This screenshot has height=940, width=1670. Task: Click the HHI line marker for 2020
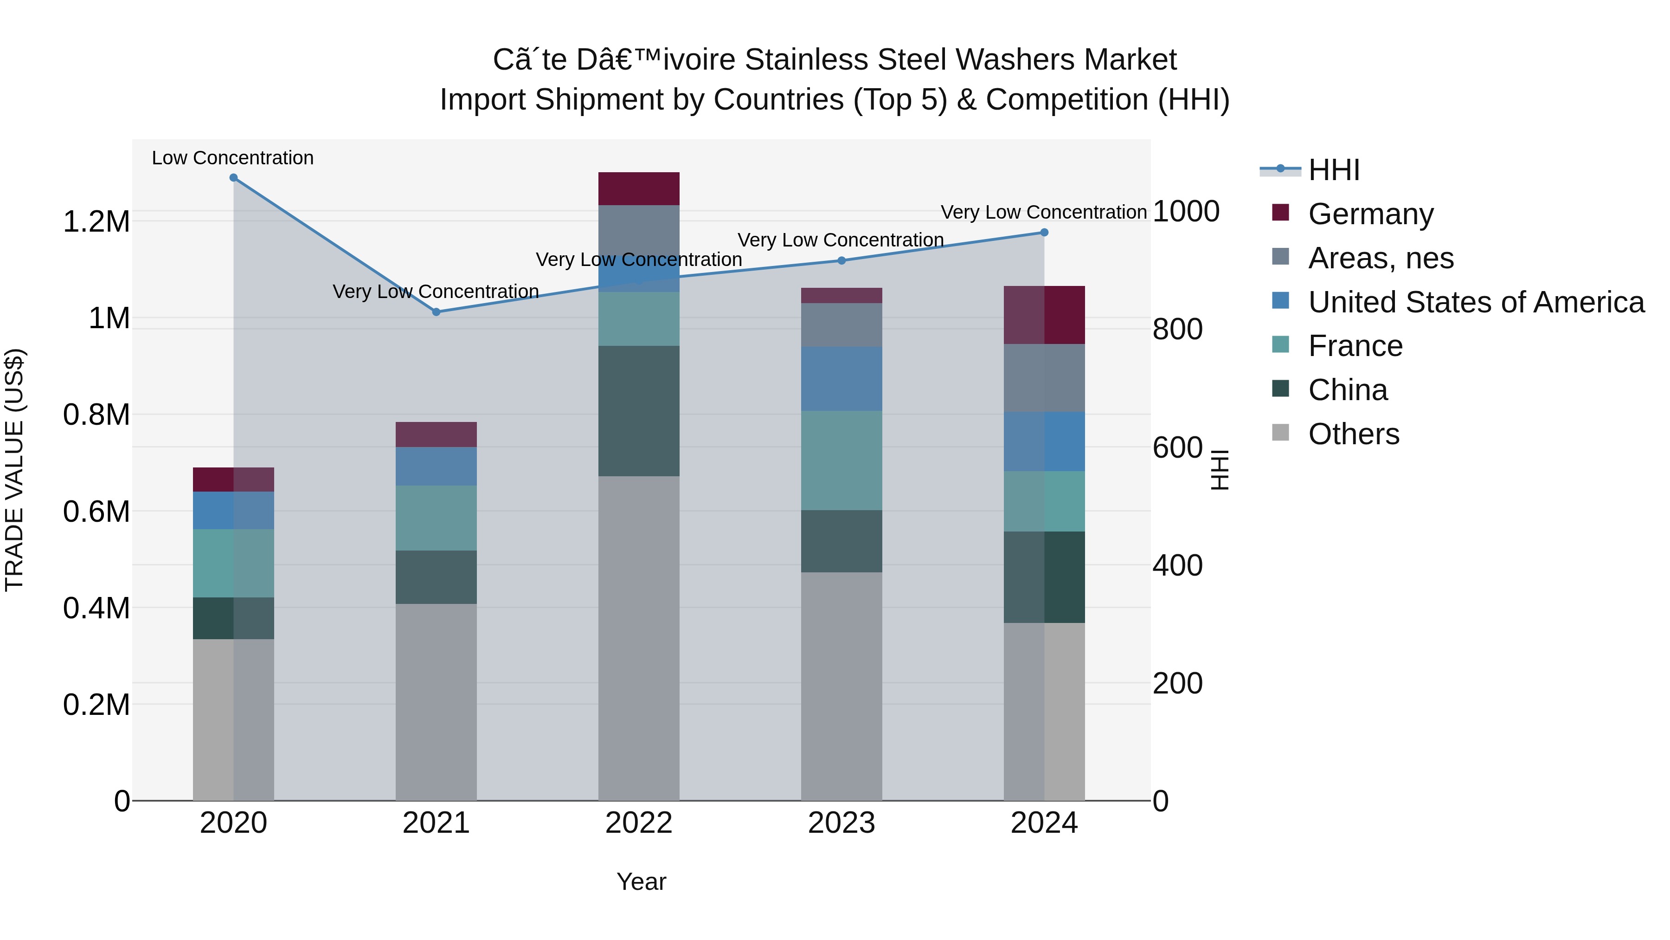[x=233, y=178]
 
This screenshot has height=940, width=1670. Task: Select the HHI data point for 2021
[x=437, y=312]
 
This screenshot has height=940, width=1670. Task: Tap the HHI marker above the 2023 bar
[x=841, y=261]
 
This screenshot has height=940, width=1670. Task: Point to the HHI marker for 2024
[x=1044, y=232]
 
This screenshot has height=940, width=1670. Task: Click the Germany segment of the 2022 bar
[x=639, y=189]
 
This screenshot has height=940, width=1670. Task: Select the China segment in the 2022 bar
[x=639, y=411]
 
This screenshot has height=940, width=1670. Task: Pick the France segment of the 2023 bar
[x=841, y=460]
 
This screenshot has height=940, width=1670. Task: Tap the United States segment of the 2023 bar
[x=841, y=379]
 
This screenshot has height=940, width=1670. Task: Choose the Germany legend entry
[x=1370, y=214]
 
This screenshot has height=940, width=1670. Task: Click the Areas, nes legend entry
[x=1380, y=258]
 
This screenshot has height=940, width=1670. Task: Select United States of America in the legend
[x=1476, y=302]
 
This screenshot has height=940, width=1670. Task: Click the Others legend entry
[x=1353, y=434]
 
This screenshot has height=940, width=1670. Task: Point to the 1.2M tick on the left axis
[x=96, y=222]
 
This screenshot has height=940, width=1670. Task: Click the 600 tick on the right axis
[x=1177, y=447]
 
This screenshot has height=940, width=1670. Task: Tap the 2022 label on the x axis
[x=639, y=823]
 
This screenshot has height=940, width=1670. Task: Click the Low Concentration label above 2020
[x=233, y=158]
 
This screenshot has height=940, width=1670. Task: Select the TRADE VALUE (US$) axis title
[x=14, y=470]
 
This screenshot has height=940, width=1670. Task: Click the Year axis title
[x=641, y=882]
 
